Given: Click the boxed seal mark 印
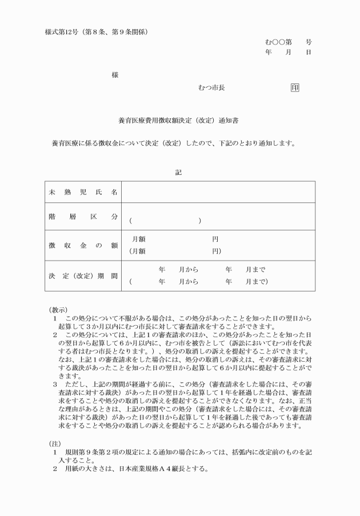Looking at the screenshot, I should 295,87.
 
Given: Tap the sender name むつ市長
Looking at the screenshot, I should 211,87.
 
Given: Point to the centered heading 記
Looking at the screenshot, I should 178,172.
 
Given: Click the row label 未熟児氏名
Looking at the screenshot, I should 83,192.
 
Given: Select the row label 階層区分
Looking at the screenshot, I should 83,217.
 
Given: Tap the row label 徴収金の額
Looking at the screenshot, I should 83,245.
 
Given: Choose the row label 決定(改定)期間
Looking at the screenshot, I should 83,276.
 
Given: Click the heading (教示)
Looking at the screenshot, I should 59,309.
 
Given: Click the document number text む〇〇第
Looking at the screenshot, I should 279,42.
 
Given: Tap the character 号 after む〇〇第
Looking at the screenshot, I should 308,42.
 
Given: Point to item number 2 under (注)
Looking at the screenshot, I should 55,470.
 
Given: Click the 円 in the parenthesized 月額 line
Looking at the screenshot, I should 215,251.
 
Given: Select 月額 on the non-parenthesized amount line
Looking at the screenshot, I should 139,239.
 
